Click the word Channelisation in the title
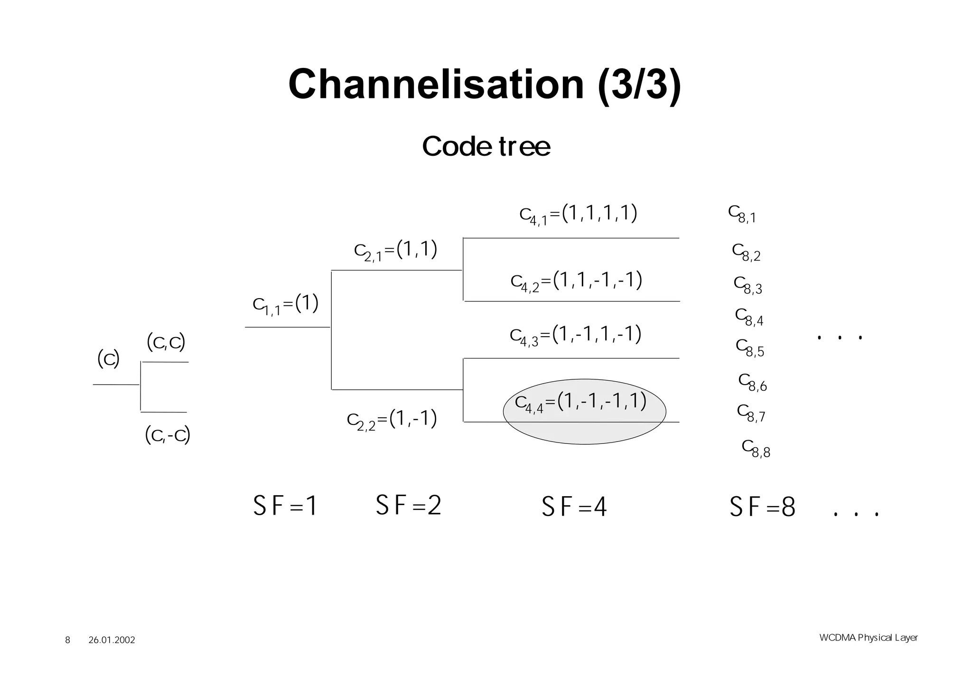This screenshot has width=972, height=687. [x=436, y=85]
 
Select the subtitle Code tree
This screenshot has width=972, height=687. [x=486, y=146]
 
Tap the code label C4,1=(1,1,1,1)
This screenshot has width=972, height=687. [x=578, y=214]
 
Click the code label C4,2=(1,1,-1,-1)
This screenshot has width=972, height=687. [x=576, y=281]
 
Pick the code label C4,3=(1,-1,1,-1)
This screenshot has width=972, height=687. [x=575, y=335]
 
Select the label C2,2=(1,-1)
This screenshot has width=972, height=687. [x=392, y=419]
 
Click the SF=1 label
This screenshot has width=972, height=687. [x=285, y=506]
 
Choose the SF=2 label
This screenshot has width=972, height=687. [x=408, y=505]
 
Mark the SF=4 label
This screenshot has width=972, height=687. [x=574, y=507]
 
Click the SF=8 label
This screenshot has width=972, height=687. [x=762, y=507]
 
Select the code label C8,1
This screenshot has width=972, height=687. [x=742, y=214]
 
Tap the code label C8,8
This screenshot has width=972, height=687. [x=756, y=449]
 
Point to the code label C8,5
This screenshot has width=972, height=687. [x=750, y=348]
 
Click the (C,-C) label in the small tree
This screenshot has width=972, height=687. [x=168, y=435]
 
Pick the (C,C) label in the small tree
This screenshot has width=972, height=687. [x=166, y=342]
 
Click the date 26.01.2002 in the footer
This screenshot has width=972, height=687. [x=112, y=640]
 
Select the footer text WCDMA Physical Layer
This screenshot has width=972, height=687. [x=868, y=638]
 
